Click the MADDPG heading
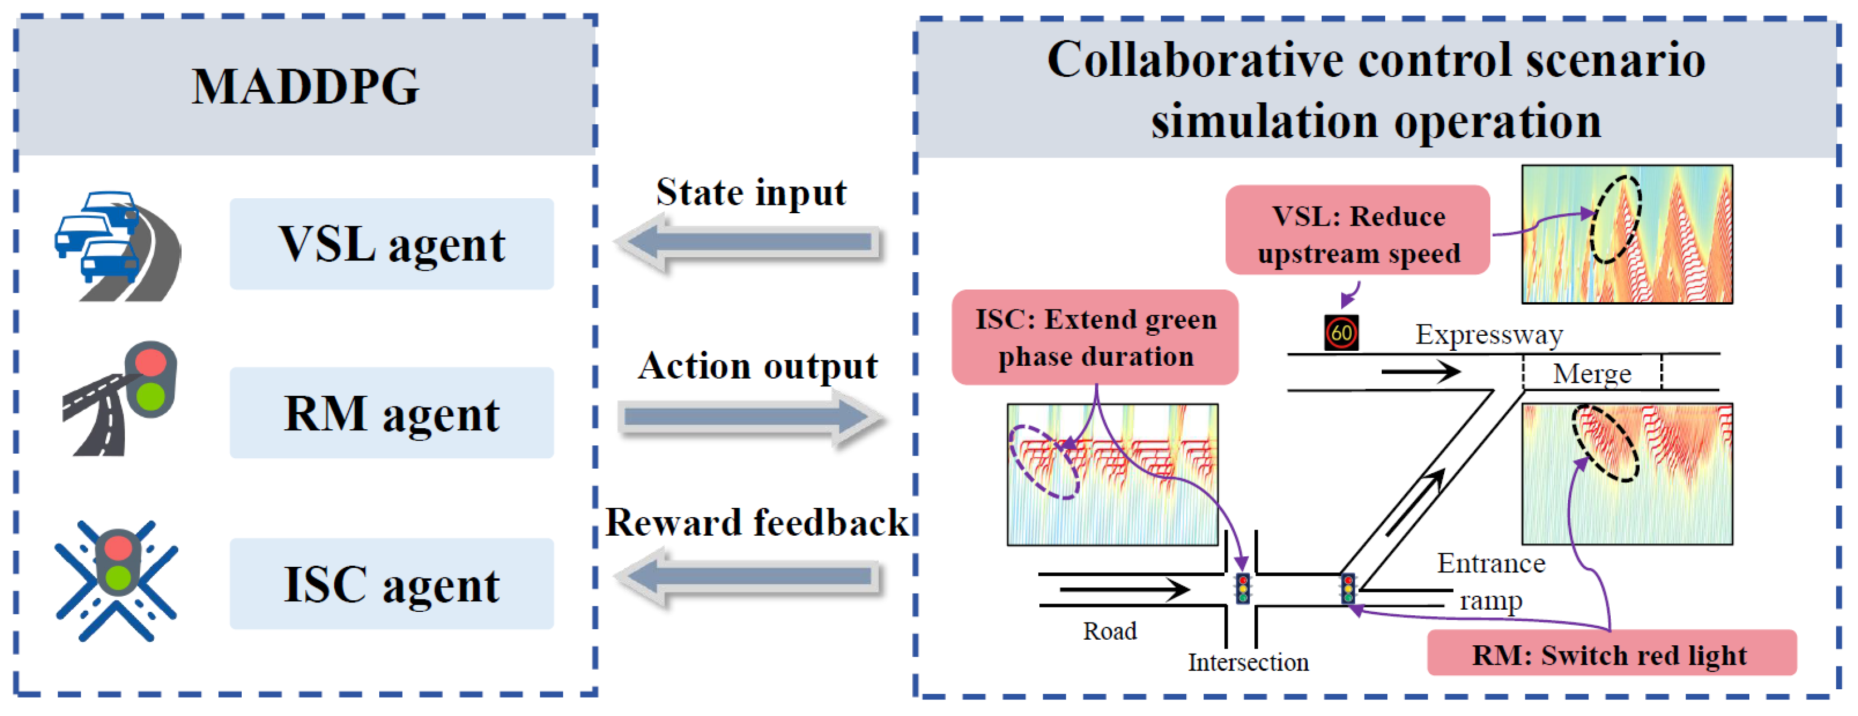pos(305,86)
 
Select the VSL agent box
pos(392,244)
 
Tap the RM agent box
pos(392,413)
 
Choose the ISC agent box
pos(392,583)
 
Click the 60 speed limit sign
pos(1341,333)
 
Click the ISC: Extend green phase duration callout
pos(1095,337)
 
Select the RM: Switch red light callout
pos(1611,653)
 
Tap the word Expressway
pos(1489,335)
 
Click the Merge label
pos(1591,374)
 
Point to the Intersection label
pos(1248,661)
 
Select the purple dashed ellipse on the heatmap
pos(1044,462)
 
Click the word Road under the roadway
pos(1109,631)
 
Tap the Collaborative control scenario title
pos(1376,90)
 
